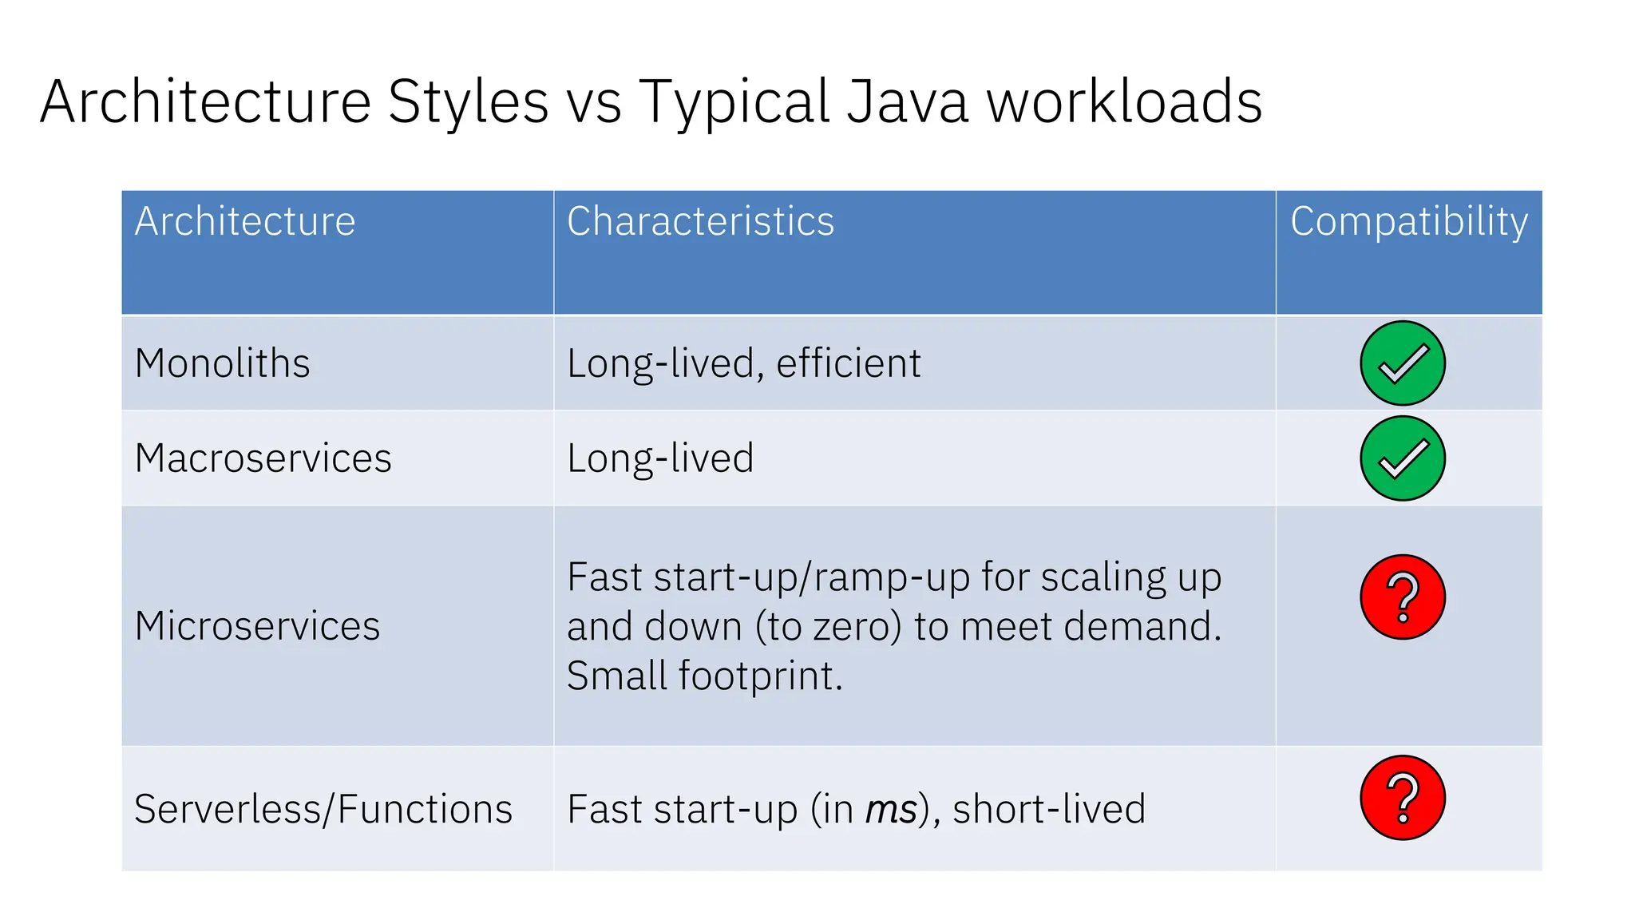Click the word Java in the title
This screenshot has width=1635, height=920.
[x=907, y=102]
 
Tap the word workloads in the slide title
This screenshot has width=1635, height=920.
[x=1124, y=102]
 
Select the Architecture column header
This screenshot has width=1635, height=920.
[x=245, y=221]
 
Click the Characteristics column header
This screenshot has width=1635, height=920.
[x=700, y=221]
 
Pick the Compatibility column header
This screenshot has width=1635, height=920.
[x=1409, y=221]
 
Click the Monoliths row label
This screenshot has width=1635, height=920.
[x=222, y=363]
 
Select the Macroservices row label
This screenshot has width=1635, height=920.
[x=263, y=458]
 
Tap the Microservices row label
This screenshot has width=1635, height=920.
[x=257, y=625]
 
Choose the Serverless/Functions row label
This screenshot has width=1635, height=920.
[x=323, y=809]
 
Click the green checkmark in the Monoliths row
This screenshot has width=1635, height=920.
[x=1403, y=363]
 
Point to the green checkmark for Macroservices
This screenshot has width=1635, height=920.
[x=1403, y=458]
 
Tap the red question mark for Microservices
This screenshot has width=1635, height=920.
[x=1403, y=597]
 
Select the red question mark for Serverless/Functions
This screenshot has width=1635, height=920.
[x=1403, y=798]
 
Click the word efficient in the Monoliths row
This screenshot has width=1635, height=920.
[x=849, y=363]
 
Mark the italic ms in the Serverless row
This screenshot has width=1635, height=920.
[x=891, y=810]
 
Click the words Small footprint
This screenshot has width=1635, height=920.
[x=704, y=676]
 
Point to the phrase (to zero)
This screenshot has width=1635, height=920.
[x=829, y=626]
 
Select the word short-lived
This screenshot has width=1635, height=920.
[x=1049, y=809]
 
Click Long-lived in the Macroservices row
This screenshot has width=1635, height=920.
[x=660, y=458]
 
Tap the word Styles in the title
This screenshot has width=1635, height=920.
[x=469, y=102]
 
